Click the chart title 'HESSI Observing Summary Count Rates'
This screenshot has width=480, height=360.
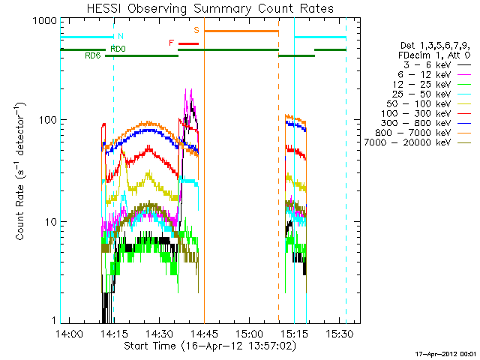pos(210,8)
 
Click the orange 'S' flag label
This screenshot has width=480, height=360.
pos(196,29)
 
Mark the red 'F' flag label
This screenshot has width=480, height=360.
pos(172,43)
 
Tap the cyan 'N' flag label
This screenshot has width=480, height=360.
pos(121,36)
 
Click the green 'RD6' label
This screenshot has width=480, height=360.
pos(92,56)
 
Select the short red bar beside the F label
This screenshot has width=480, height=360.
pos(188,43)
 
